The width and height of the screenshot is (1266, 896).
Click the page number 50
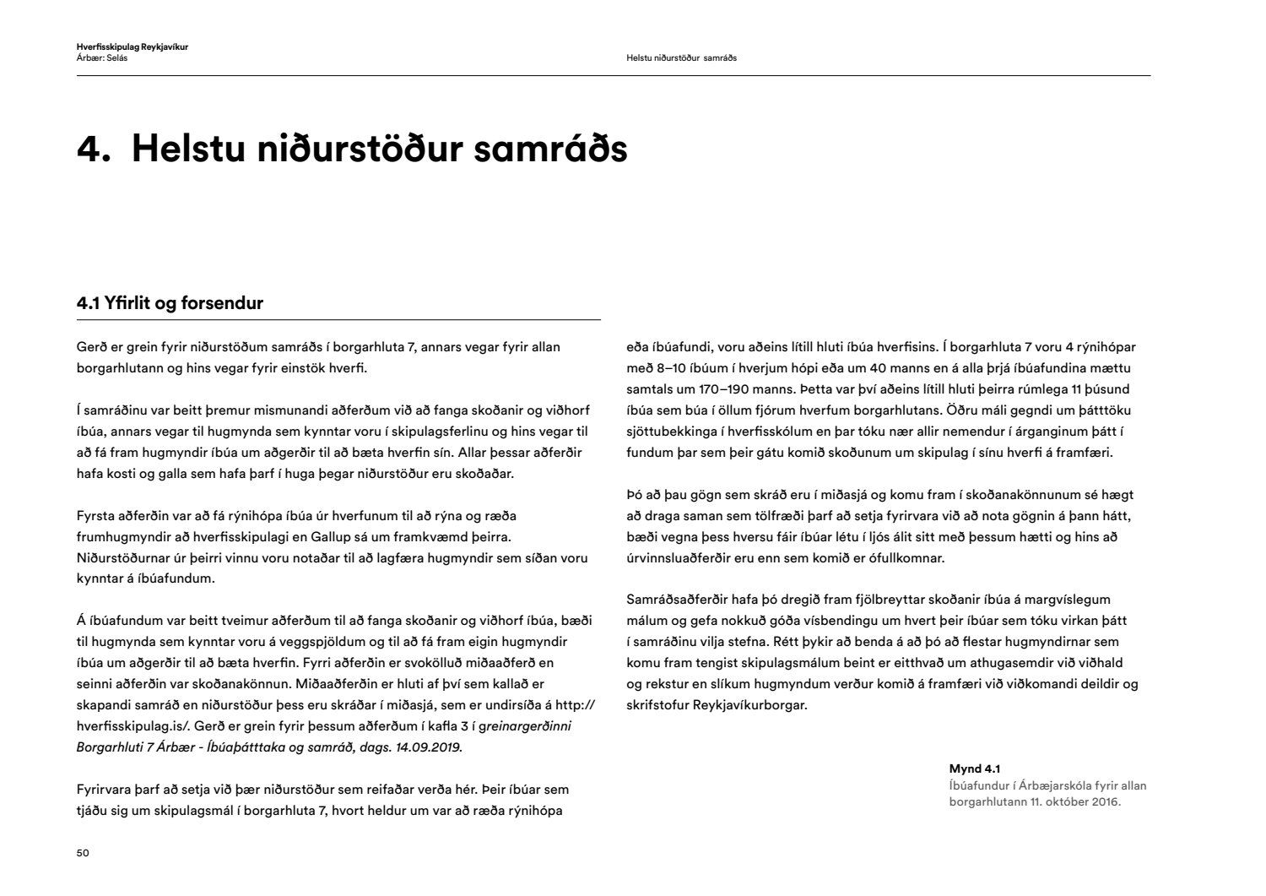[x=83, y=853]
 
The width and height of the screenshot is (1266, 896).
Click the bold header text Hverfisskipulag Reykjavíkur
[x=133, y=46]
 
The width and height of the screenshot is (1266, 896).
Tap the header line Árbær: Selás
[x=102, y=58]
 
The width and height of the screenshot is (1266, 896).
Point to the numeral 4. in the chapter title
[x=94, y=149]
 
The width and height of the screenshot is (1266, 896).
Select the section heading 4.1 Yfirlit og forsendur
[x=170, y=303]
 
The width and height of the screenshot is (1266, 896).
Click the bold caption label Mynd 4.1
[x=974, y=768]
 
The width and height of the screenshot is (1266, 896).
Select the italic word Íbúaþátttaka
[x=247, y=747]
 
